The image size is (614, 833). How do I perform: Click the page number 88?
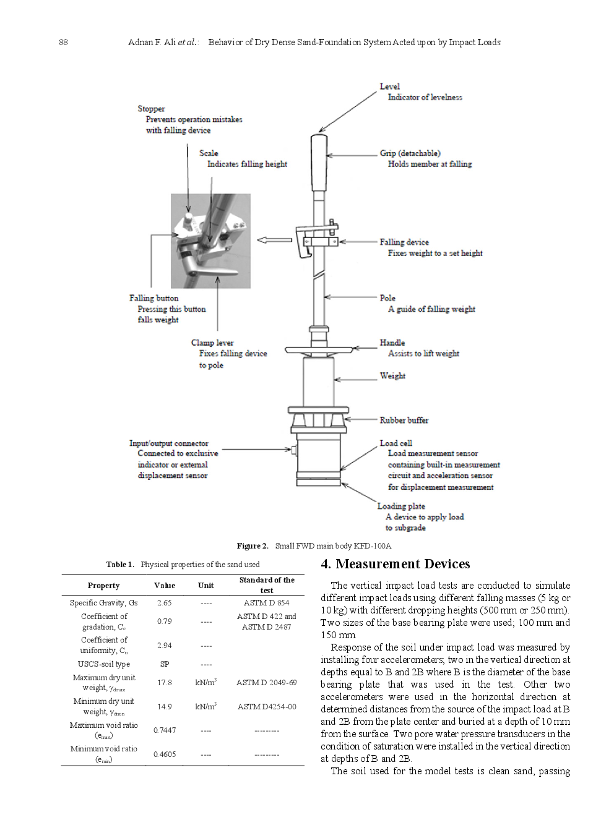63,42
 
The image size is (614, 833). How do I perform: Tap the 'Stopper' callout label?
151,109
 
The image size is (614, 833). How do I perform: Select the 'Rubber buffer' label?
404,421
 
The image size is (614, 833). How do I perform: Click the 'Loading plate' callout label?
401,506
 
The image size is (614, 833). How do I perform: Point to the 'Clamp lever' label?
212,343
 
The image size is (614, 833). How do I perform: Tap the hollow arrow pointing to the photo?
274,240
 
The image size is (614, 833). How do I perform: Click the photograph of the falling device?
210,241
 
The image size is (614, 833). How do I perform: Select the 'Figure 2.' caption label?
253,546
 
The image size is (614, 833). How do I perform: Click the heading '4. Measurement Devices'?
395,564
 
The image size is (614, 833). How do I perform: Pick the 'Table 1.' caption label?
120,565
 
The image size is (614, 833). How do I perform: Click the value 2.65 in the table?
164,603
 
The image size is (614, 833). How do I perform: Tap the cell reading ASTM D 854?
266,603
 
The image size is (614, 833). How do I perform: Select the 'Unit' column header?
205,586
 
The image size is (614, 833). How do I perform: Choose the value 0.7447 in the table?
165,730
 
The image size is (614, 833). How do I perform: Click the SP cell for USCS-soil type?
165,664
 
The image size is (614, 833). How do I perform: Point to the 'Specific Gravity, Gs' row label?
103,603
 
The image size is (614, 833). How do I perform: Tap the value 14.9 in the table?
165,707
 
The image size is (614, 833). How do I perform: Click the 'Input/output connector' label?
168,443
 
